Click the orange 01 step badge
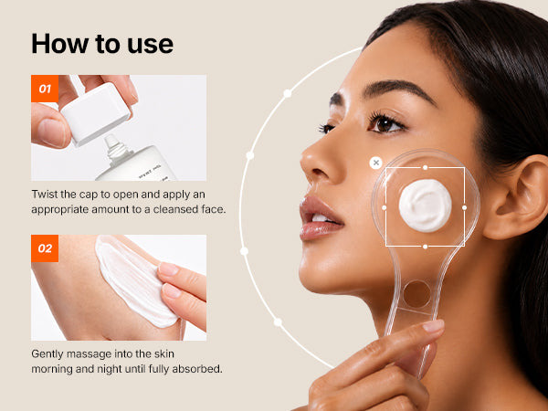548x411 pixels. pyautogui.click(x=45, y=89)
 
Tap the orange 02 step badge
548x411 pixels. pyautogui.click(x=45, y=248)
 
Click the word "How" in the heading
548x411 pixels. pyautogui.click(x=59, y=44)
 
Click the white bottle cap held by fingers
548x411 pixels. pyautogui.click(x=96, y=113)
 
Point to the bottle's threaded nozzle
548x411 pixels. pyautogui.click(x=116, y=149)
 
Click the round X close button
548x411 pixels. pyautogui.click(x=375, y=163)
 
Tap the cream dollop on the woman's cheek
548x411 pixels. pyautogui.click(x=425, y=205)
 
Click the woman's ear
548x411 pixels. pyautogui.click(x=517, y=197)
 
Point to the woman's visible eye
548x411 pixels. pyautogui.click(x=386, y=124)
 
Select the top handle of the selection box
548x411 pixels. pyautogui.click(x=425, y=167)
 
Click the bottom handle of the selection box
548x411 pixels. pyautogui.click(x=425, y=247)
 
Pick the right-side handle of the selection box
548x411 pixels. pyautogui.click(x=465, y=207)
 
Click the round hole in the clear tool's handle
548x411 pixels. pyautogui.click(x=417, y=294)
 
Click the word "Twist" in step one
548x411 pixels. pyautogui.click(x=45, y=195)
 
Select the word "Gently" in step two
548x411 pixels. pyautogui.click(x=47, y=354)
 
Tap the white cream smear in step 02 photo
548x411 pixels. pyautogui.click(x=134, y=279)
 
